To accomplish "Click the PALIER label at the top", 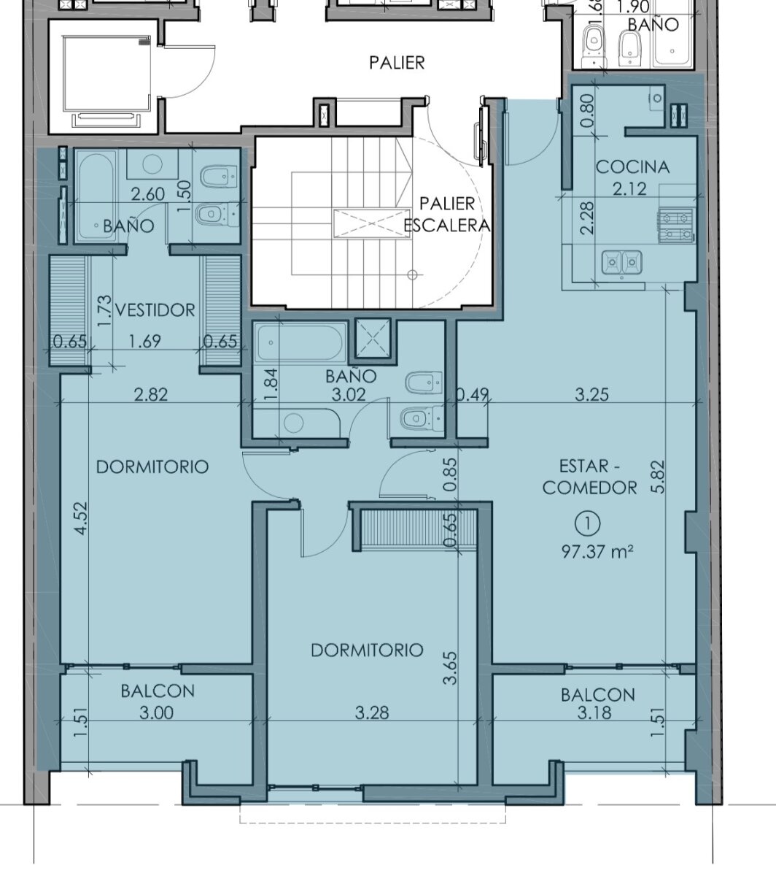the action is (397, 63).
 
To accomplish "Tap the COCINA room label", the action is (632, 167).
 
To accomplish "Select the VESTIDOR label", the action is (155, 310).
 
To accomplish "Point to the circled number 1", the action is (588, 524).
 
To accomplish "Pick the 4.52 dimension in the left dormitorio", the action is (80, 518).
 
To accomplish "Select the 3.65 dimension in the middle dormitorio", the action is (450, 668).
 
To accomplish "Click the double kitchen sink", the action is (622, 262).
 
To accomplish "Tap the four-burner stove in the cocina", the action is (676, 225).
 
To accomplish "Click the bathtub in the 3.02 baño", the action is (300, 343).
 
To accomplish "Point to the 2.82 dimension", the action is (151, 395).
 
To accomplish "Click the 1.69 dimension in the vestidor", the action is (145, 341).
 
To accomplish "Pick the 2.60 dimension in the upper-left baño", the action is (148, 194).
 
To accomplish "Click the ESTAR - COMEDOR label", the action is (590, 477).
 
